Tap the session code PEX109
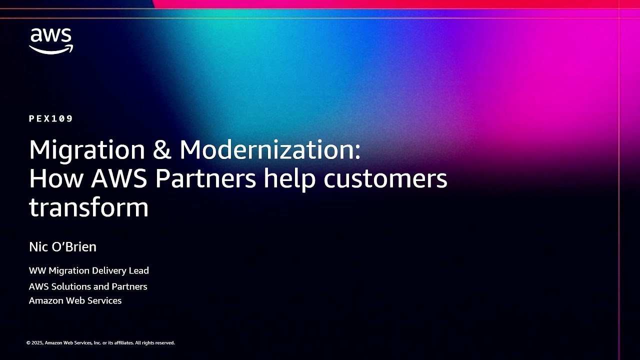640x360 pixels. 51,118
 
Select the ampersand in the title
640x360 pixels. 162,149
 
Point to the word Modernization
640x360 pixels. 270,149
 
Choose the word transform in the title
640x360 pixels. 89,207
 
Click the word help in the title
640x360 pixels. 289,178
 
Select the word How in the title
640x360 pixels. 53,178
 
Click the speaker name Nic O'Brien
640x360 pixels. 62,246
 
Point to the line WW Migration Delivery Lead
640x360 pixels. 89,270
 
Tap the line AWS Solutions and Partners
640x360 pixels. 88,286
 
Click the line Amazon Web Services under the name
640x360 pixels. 75,300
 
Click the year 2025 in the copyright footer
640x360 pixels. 37,343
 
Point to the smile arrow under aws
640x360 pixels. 51,49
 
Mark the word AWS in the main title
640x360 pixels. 119,178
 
